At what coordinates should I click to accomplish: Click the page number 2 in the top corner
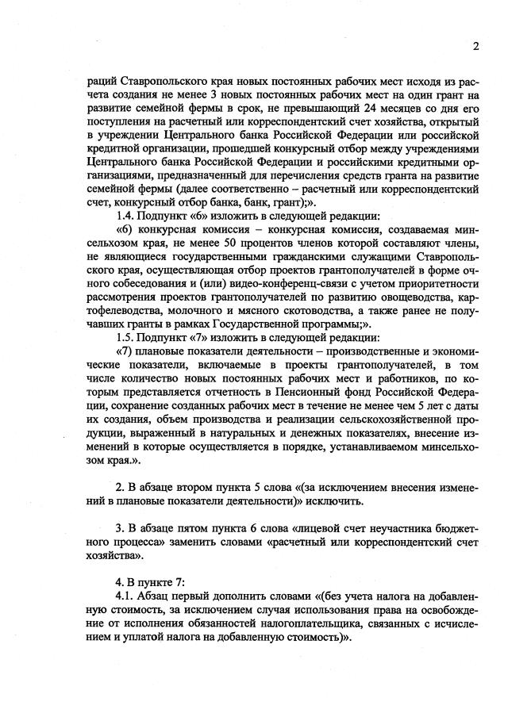click(x=475, y=45)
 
